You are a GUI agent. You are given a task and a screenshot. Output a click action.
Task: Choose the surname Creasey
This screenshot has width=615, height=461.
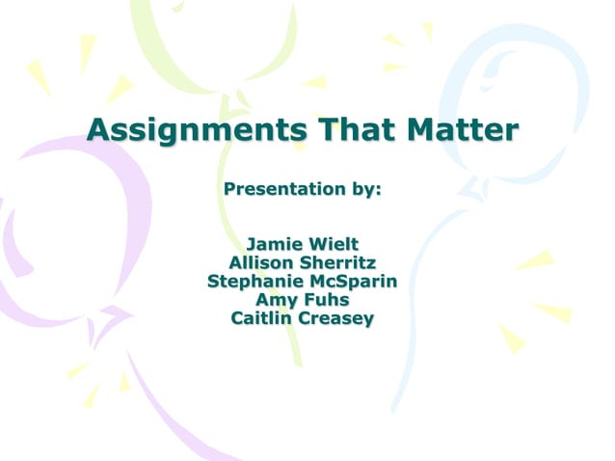(x=337, y=319)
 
